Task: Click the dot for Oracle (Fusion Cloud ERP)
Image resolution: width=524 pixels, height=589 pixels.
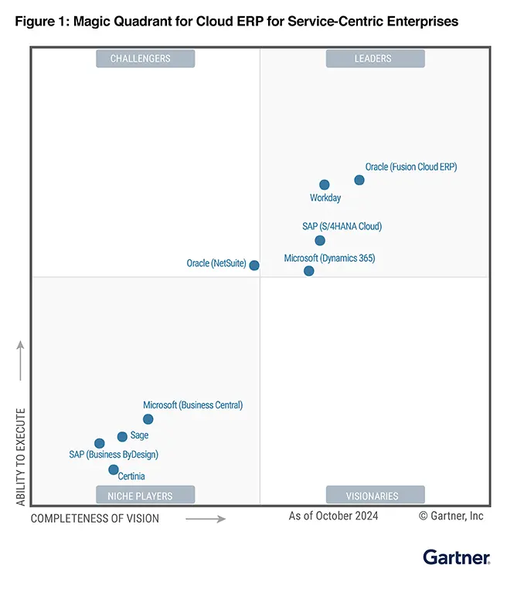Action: point(359,180)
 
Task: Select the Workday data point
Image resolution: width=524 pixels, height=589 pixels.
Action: point(325,184)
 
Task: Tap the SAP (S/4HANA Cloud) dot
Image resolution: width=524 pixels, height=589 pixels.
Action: point(320,240)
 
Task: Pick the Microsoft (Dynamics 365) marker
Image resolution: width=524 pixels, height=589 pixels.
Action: point(309,271)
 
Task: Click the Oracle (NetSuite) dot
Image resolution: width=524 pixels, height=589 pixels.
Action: point(254,265)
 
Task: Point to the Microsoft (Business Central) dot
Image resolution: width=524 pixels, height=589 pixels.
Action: point(148,419)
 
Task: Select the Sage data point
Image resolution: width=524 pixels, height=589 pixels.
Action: point(122,436)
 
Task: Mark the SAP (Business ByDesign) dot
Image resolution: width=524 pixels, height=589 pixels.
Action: point(99,443)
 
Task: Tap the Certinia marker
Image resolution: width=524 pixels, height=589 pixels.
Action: point(114,469)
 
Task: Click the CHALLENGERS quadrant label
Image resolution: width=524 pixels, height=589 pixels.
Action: point(145,59)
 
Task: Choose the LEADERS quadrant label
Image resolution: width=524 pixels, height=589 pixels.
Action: point(375,59)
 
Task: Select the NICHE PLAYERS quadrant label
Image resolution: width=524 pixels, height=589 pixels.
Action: point(145,495)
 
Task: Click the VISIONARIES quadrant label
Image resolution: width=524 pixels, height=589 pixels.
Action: point(375,495)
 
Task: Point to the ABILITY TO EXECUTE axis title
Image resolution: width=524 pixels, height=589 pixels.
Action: point(21,457)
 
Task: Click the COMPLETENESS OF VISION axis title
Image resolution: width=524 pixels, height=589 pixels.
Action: point(95,519)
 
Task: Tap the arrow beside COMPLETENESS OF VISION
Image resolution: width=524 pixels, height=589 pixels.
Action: point(206,519)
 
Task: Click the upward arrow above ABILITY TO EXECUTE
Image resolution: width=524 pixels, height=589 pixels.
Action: point(21,361)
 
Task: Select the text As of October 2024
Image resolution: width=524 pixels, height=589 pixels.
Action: point(334,516)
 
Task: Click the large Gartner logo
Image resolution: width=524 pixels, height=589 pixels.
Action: point(456,557)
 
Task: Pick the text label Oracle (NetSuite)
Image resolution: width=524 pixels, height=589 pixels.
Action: point(216,263)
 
